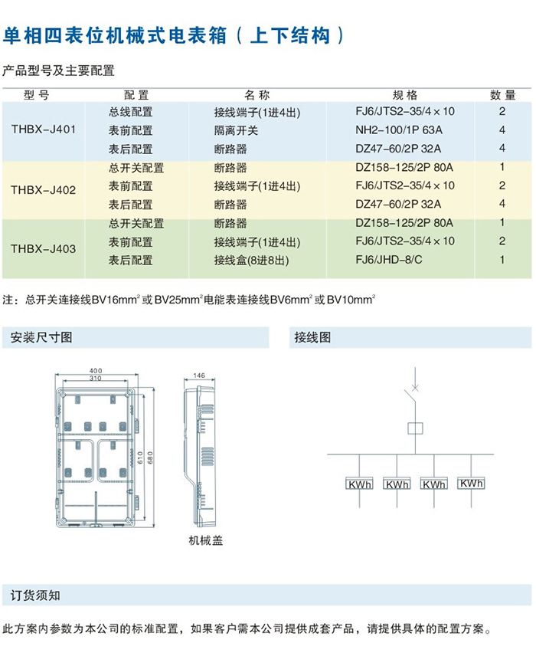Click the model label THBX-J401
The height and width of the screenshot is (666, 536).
[x=44, y=130]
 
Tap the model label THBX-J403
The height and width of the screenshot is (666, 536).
[x=44, y=248]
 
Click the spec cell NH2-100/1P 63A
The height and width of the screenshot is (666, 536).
[x=399, y=130]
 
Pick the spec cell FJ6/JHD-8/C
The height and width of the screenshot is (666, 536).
[x=389, y=260]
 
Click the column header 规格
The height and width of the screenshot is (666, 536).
[x=405, y=95]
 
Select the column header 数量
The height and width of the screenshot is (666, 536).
[x=502, y=95]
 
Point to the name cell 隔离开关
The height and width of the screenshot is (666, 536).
[x=236, y=130]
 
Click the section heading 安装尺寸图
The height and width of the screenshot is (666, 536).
[x=41, y=337]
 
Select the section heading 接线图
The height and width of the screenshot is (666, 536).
[x=312, y=337]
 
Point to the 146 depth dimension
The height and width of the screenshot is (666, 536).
[x=199, y=376]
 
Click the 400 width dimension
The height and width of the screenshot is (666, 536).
[x=96, y=371]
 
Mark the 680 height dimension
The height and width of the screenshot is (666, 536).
[x=152, y=458]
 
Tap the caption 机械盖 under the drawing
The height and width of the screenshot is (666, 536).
[x=206, y=540]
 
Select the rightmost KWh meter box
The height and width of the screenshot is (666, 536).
[x=471, y=484]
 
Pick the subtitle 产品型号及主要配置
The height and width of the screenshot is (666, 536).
[x=58, y=71]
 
